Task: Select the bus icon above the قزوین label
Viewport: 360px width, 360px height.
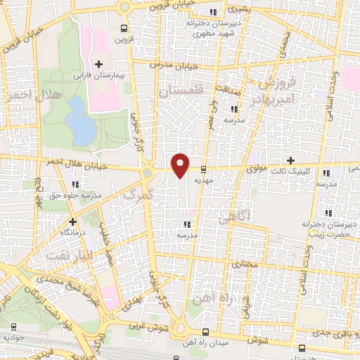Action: coord(124,29)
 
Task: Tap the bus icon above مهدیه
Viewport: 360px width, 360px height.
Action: coord(203,169)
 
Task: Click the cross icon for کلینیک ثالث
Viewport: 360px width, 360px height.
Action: coord(290,160)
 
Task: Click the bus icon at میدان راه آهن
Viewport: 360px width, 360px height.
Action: coord(204,332)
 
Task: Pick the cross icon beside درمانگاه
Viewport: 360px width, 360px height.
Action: coord(72,221)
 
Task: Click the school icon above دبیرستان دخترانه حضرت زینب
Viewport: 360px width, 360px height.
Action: coord(327,213)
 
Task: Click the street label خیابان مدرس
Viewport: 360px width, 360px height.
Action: coord(181,66)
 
